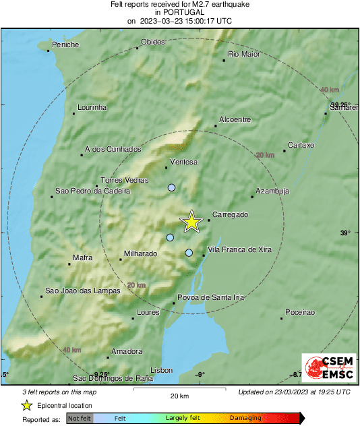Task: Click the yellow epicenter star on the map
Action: [x=192, y=221]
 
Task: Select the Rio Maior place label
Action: [x=244, y=54]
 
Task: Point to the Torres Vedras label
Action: [x=124, y=181]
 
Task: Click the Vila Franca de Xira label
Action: [x=240, y=249]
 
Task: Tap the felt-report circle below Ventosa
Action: [x=171, y=187]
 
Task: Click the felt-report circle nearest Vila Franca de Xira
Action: [x=189, y=253]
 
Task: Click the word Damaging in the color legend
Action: [x=245, y=418]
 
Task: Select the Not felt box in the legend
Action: [x=79, y=418]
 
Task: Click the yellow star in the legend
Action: [x=26, y=405]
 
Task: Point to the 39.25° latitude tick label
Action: [x=340, y=104]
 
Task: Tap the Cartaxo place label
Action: [x=301, y=145]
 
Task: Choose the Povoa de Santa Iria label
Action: [x=210, y=297]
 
